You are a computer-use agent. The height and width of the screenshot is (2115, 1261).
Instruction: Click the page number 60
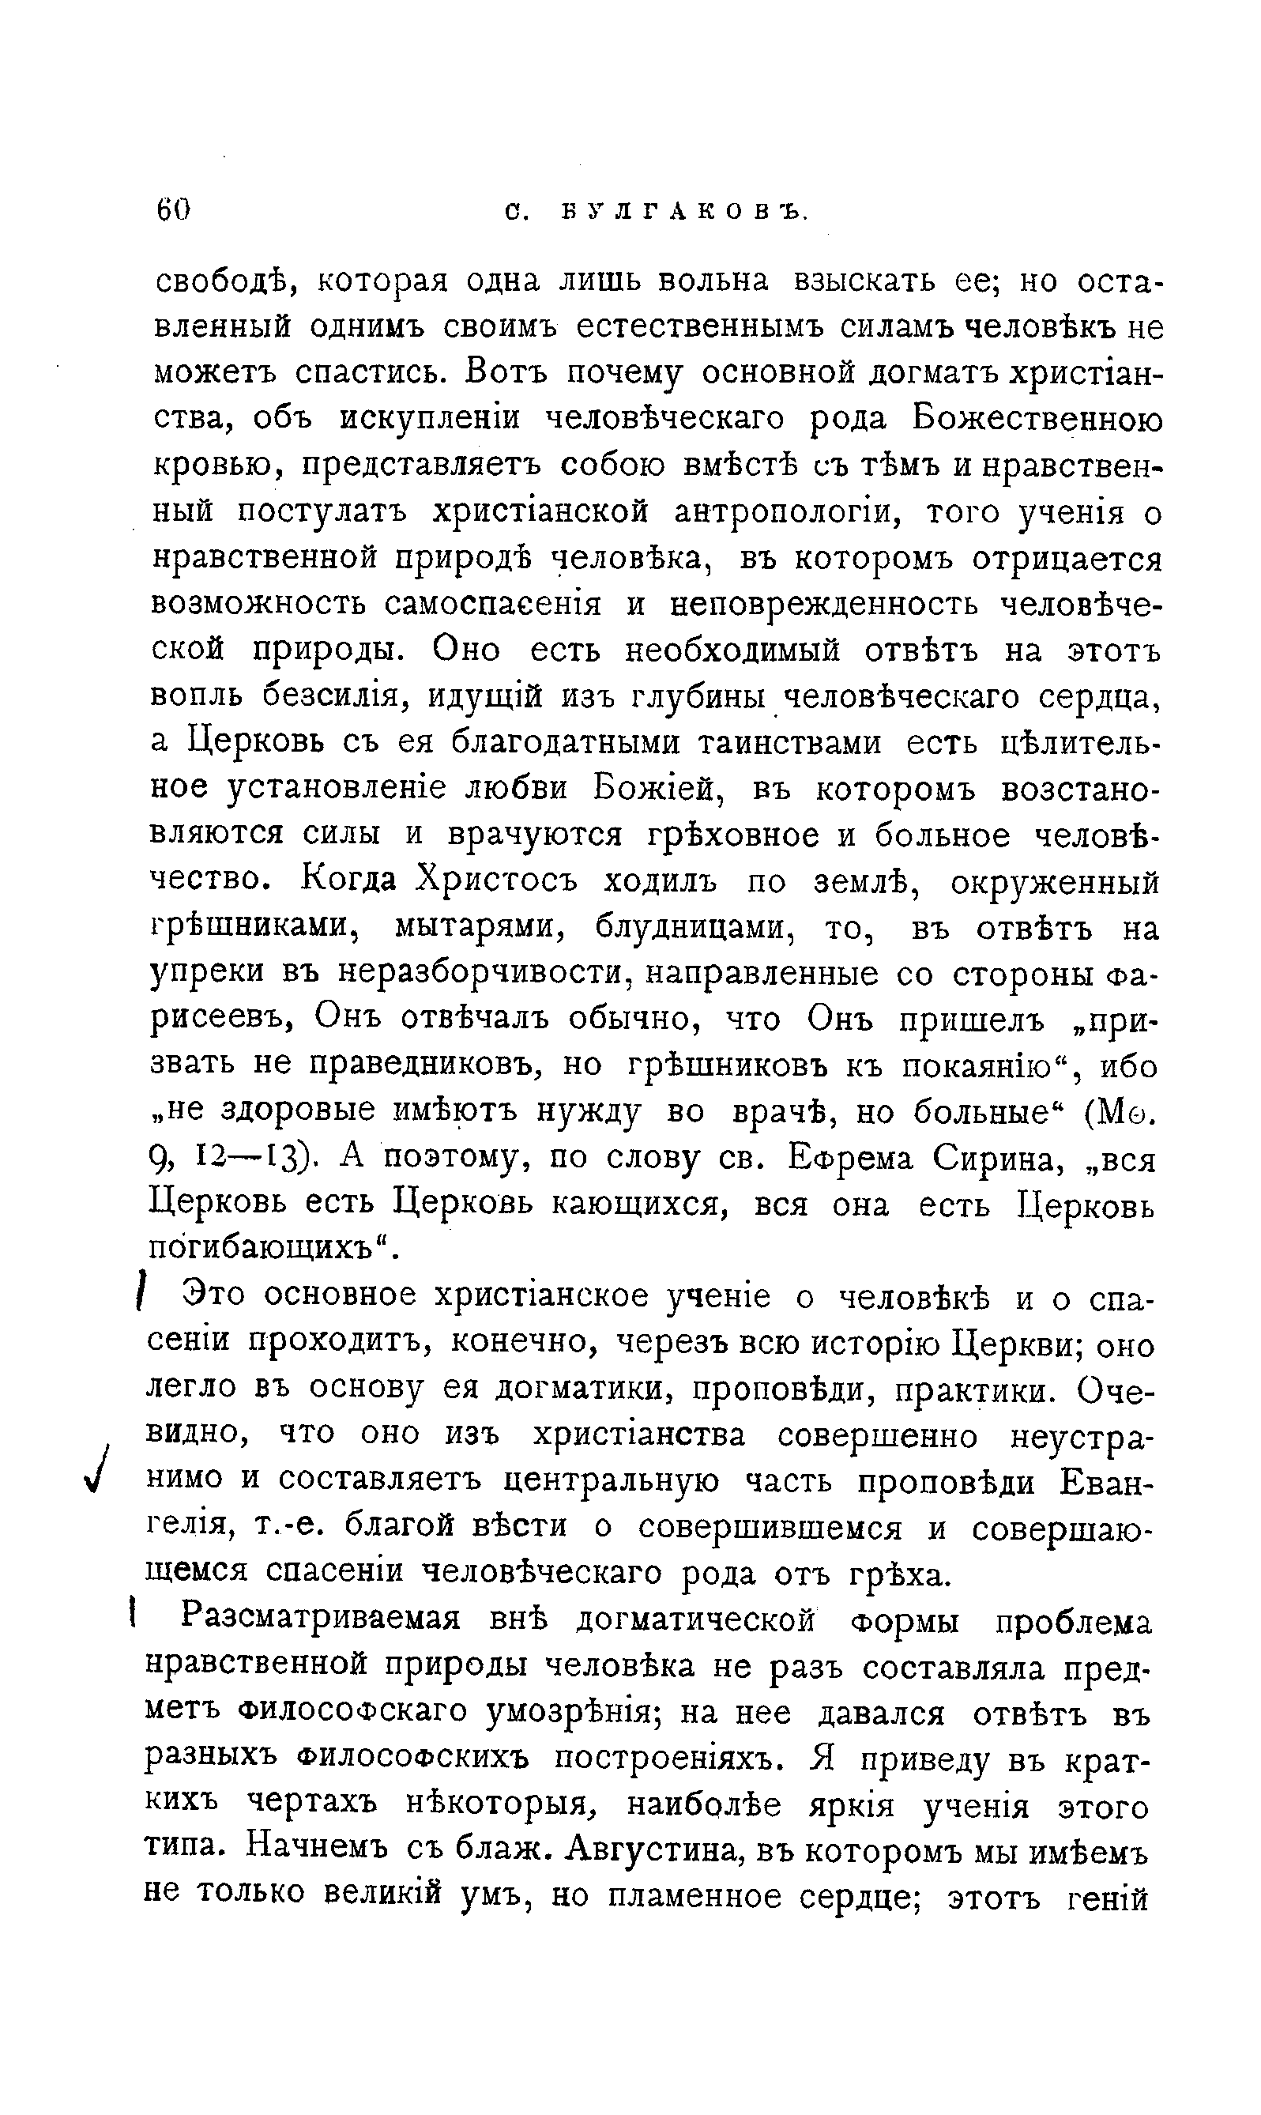173,208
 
